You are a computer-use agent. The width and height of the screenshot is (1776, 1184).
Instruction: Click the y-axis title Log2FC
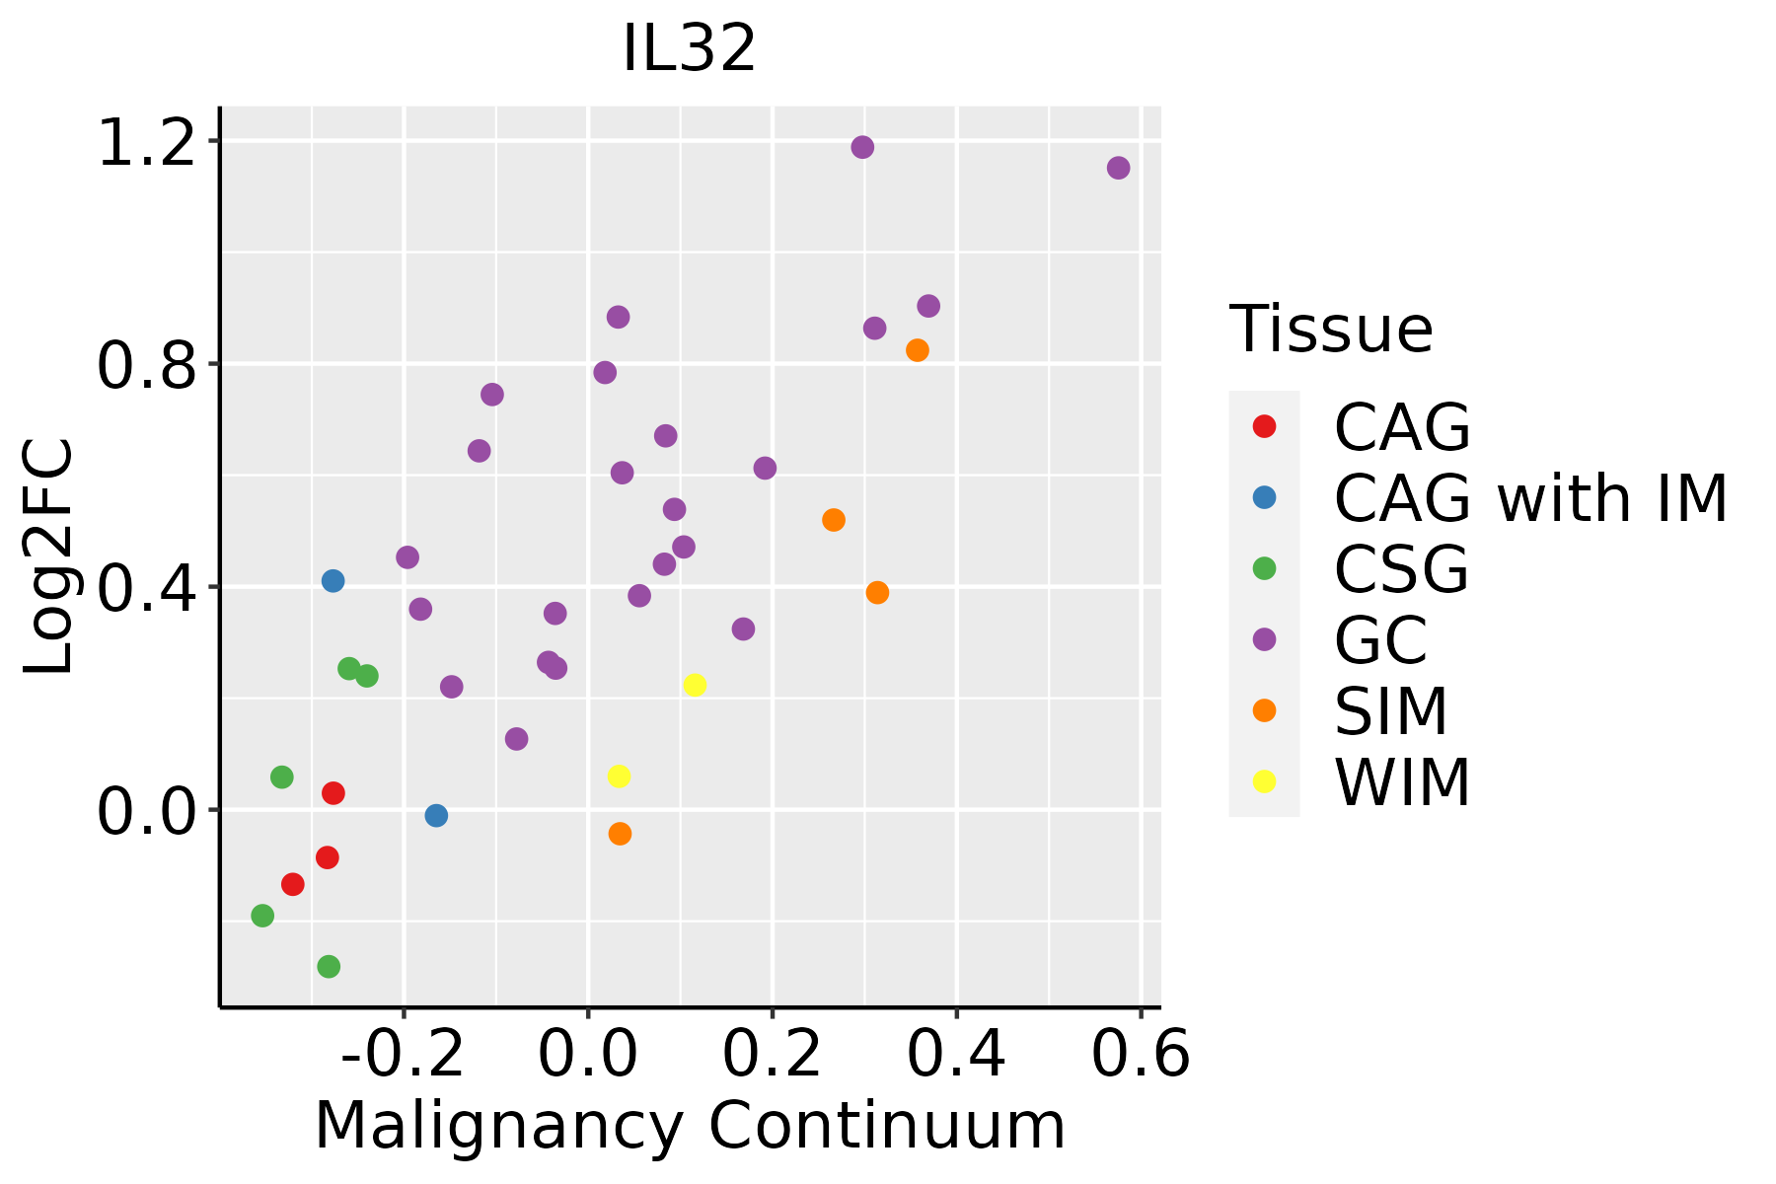[x=49, y=557]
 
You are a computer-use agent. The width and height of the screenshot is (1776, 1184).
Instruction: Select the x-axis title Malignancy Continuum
[x=690, y=1126]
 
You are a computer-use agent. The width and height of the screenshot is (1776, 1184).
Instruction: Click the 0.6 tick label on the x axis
[x=1141, y=1055]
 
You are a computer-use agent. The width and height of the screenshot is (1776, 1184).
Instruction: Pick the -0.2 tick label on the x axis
[x=403, y=1055]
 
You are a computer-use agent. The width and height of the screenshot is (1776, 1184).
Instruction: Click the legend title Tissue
[x=1331, y=330]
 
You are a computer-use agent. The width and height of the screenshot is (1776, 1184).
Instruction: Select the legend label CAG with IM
[x=1530, y=498]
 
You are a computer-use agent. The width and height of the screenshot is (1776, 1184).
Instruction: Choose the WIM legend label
[x=1402, y=782]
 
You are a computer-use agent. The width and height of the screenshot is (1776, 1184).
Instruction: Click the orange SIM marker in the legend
[x=1264, y=710]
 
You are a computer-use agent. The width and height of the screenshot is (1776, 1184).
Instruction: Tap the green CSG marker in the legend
[x=1264, y=568]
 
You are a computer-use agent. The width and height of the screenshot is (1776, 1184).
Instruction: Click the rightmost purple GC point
[x=1118, y=168]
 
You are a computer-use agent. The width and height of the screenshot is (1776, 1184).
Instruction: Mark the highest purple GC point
[x=862, y=147]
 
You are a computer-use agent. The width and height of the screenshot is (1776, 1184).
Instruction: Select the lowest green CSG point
[x=329, y=966]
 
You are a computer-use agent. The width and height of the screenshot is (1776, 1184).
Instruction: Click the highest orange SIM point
[x=918, y=350]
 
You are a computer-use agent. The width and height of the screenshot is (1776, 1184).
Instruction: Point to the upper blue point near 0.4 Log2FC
[x=333, y=580]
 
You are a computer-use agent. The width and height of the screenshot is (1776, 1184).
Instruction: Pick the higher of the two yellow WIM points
[x=695, y=685]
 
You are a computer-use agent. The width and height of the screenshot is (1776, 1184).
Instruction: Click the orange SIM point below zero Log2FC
[x=620, y=834]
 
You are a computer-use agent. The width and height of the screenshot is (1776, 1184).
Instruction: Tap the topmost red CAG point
[x=333, y=793]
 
